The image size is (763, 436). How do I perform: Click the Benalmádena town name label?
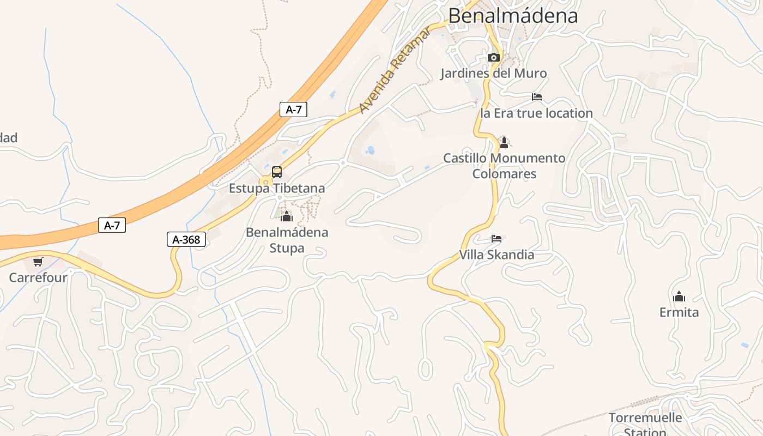pyautogui.click(x=513, y=15)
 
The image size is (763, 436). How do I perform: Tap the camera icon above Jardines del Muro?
pyautogui.click(x=494, y=57)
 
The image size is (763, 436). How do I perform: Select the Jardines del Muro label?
pyautogui.click(x=494, y=73)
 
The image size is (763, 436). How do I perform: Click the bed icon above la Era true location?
pyautogui.click(x=537, y=98)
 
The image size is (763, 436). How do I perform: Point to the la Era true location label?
pyautogui.click(x=536, y=113)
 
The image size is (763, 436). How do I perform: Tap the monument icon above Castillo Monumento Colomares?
pyautogui.click(x=504, y=143)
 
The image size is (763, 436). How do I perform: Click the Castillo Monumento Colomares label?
pyautogui.click(x=504, y=166)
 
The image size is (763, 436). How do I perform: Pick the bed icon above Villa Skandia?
pyautogui.click(x=496, y=239)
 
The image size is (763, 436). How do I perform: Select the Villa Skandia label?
pyautogui.click(x=496, y=255)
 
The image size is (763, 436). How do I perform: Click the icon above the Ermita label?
pyautogui.click(x=679, y=296)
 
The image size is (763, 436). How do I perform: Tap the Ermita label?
pyautogui.click(x=679, y=312)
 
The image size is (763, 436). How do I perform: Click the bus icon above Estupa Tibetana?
pyautogui.click(x=277, y=172)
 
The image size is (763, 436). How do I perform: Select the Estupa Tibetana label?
pyautogui.click(x=277, y=189)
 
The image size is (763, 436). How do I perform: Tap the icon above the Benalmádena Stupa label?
pyautogui.click(x=287, y=216)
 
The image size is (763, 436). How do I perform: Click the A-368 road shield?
pyautogui.click(x=186, y=239)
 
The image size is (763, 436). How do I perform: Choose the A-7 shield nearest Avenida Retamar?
pyautogui.click(x=294, y=110)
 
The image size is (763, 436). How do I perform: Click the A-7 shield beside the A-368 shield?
pyautogui.click(x=112, y=225)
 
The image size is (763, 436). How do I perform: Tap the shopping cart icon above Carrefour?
pyautogui.click(x=38, y=262)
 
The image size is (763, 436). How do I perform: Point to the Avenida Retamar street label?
pyautogui.click(x=395, y=70)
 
